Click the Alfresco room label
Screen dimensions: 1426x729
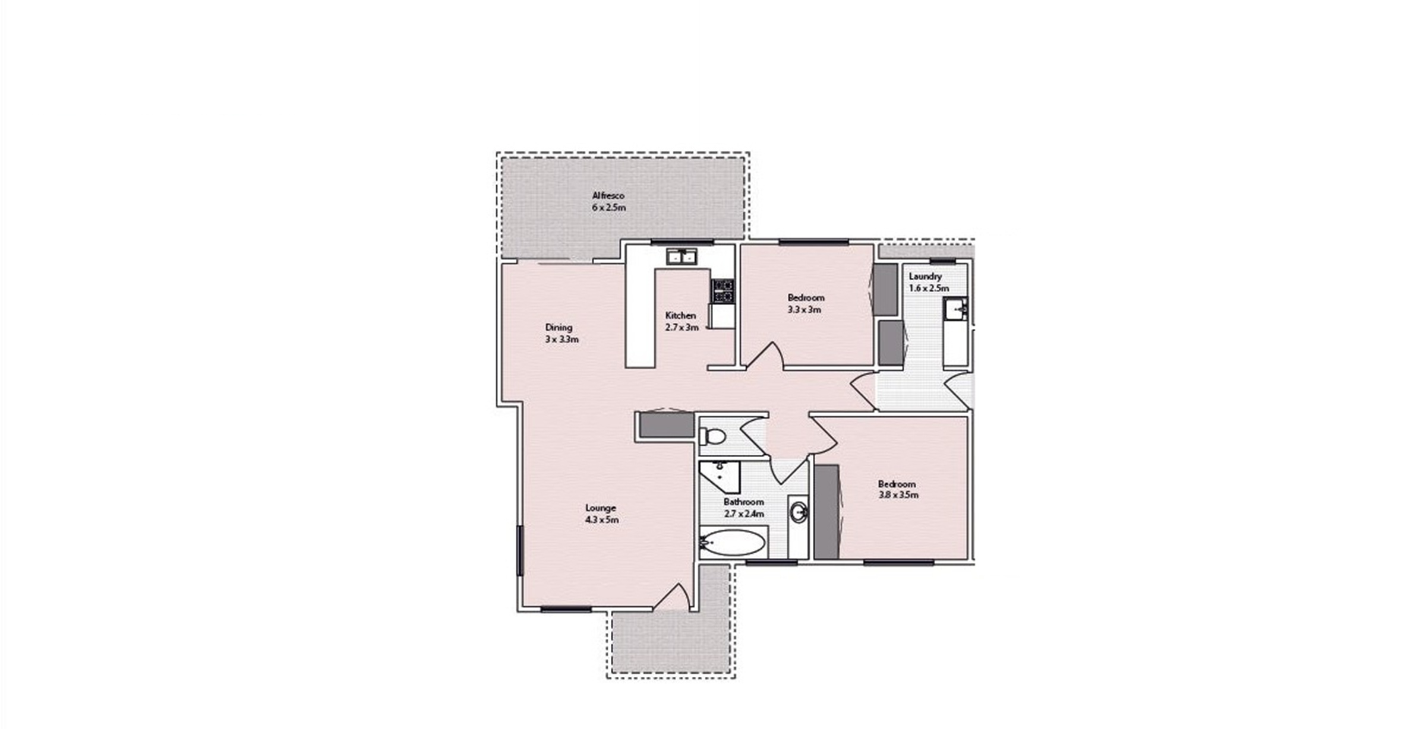(x=608, y=195)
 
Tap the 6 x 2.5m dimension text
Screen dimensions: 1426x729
(x=608, y=208)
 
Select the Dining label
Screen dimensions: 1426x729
(x=559, y=327)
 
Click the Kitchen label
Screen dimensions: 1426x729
(x=680, y=315)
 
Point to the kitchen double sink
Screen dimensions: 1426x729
(x=681, y=256)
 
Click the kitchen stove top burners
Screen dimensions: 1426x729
(x=723, y=291)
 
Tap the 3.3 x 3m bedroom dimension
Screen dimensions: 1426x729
(x=805, y=310)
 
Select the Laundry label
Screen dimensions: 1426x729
(x=925, y=277)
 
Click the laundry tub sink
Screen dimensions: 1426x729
(x=955, y=309)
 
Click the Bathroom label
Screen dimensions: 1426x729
(x=743, y=502)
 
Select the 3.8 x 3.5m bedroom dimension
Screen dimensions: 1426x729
(x=898, y=495)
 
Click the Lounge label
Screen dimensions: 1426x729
(x=601, y=508)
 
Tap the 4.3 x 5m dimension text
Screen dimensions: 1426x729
(x=602, y=520)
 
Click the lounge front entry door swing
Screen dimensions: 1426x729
(x=673, y=596)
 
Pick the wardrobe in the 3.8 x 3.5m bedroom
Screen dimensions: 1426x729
(x=826, y=512)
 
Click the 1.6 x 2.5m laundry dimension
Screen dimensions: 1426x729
(x=929, y=289)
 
